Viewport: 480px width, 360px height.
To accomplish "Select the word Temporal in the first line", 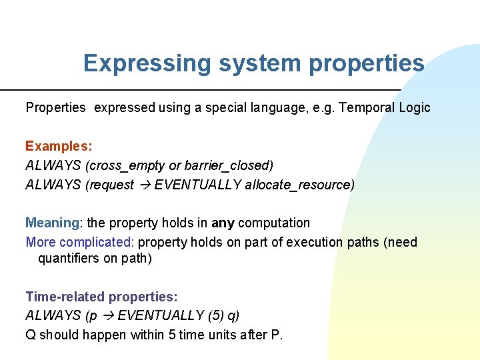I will [x=366, y=107].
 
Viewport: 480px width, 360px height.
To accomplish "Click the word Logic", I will [x=414, y=107].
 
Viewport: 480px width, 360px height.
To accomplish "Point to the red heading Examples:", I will [x=59, y=145].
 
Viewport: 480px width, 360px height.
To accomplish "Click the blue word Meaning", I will [x=53, y=223].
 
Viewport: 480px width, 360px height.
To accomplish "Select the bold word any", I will [x=223, y=223].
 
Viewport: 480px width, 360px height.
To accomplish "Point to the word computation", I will [x=274, y=223].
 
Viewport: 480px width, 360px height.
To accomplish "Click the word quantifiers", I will [x=69, y=258].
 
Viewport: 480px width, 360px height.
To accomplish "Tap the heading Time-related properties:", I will [x=101, y=296].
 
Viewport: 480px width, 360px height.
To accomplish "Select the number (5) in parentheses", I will [x=211, y=315].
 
